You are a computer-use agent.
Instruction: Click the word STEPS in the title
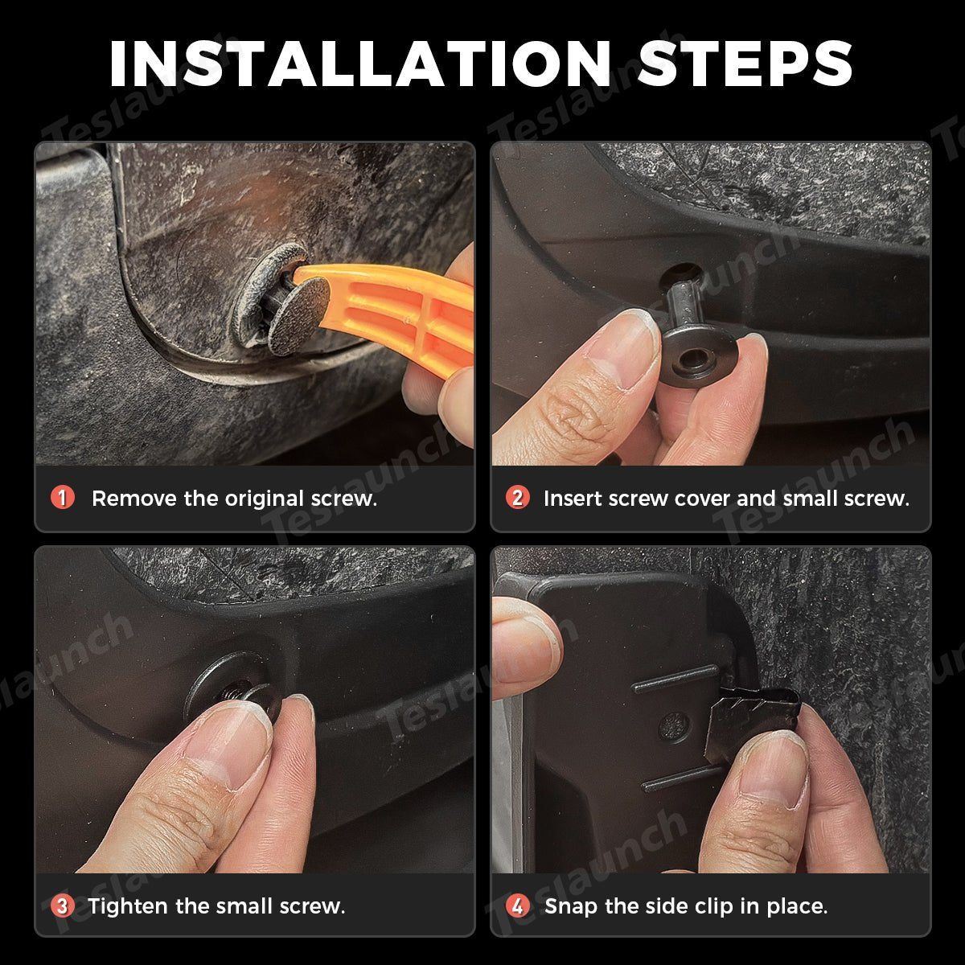point(745,64)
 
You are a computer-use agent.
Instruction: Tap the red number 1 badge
point(63,498)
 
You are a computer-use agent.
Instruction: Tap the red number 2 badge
point(518,498)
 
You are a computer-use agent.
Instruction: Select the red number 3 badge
point(63,906)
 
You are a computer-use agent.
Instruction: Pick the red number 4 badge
point(518,906)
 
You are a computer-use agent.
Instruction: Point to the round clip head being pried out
point(298,316)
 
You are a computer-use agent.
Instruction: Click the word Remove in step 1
point(135,499)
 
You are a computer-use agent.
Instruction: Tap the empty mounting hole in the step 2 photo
point(682,274)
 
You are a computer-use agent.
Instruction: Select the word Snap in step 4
point(571,907)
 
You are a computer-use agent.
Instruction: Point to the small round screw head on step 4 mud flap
point(674,725)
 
